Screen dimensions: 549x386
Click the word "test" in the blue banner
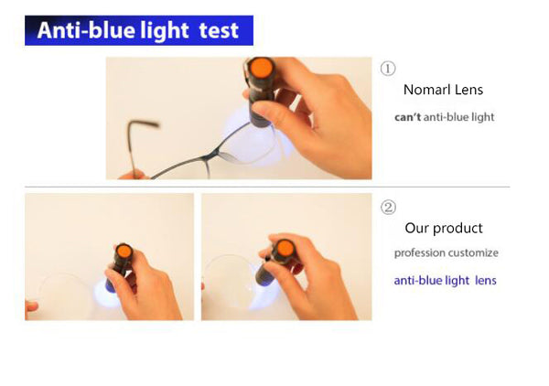(219, 30)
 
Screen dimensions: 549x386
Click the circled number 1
(388, 69)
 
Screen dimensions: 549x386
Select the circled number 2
(388, 208)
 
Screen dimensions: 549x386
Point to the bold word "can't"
(407, 117)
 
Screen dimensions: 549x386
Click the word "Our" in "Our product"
(416, 228)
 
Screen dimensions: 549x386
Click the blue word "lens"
(486, 280)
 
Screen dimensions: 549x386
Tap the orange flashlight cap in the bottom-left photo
(124, 252)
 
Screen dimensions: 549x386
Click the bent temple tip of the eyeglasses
(144, 123)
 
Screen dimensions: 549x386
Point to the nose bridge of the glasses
(213, 154)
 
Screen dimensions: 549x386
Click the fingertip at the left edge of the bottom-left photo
(31, 306)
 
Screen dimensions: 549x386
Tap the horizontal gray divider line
(267, 187)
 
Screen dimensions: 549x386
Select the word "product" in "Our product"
(457, 229)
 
